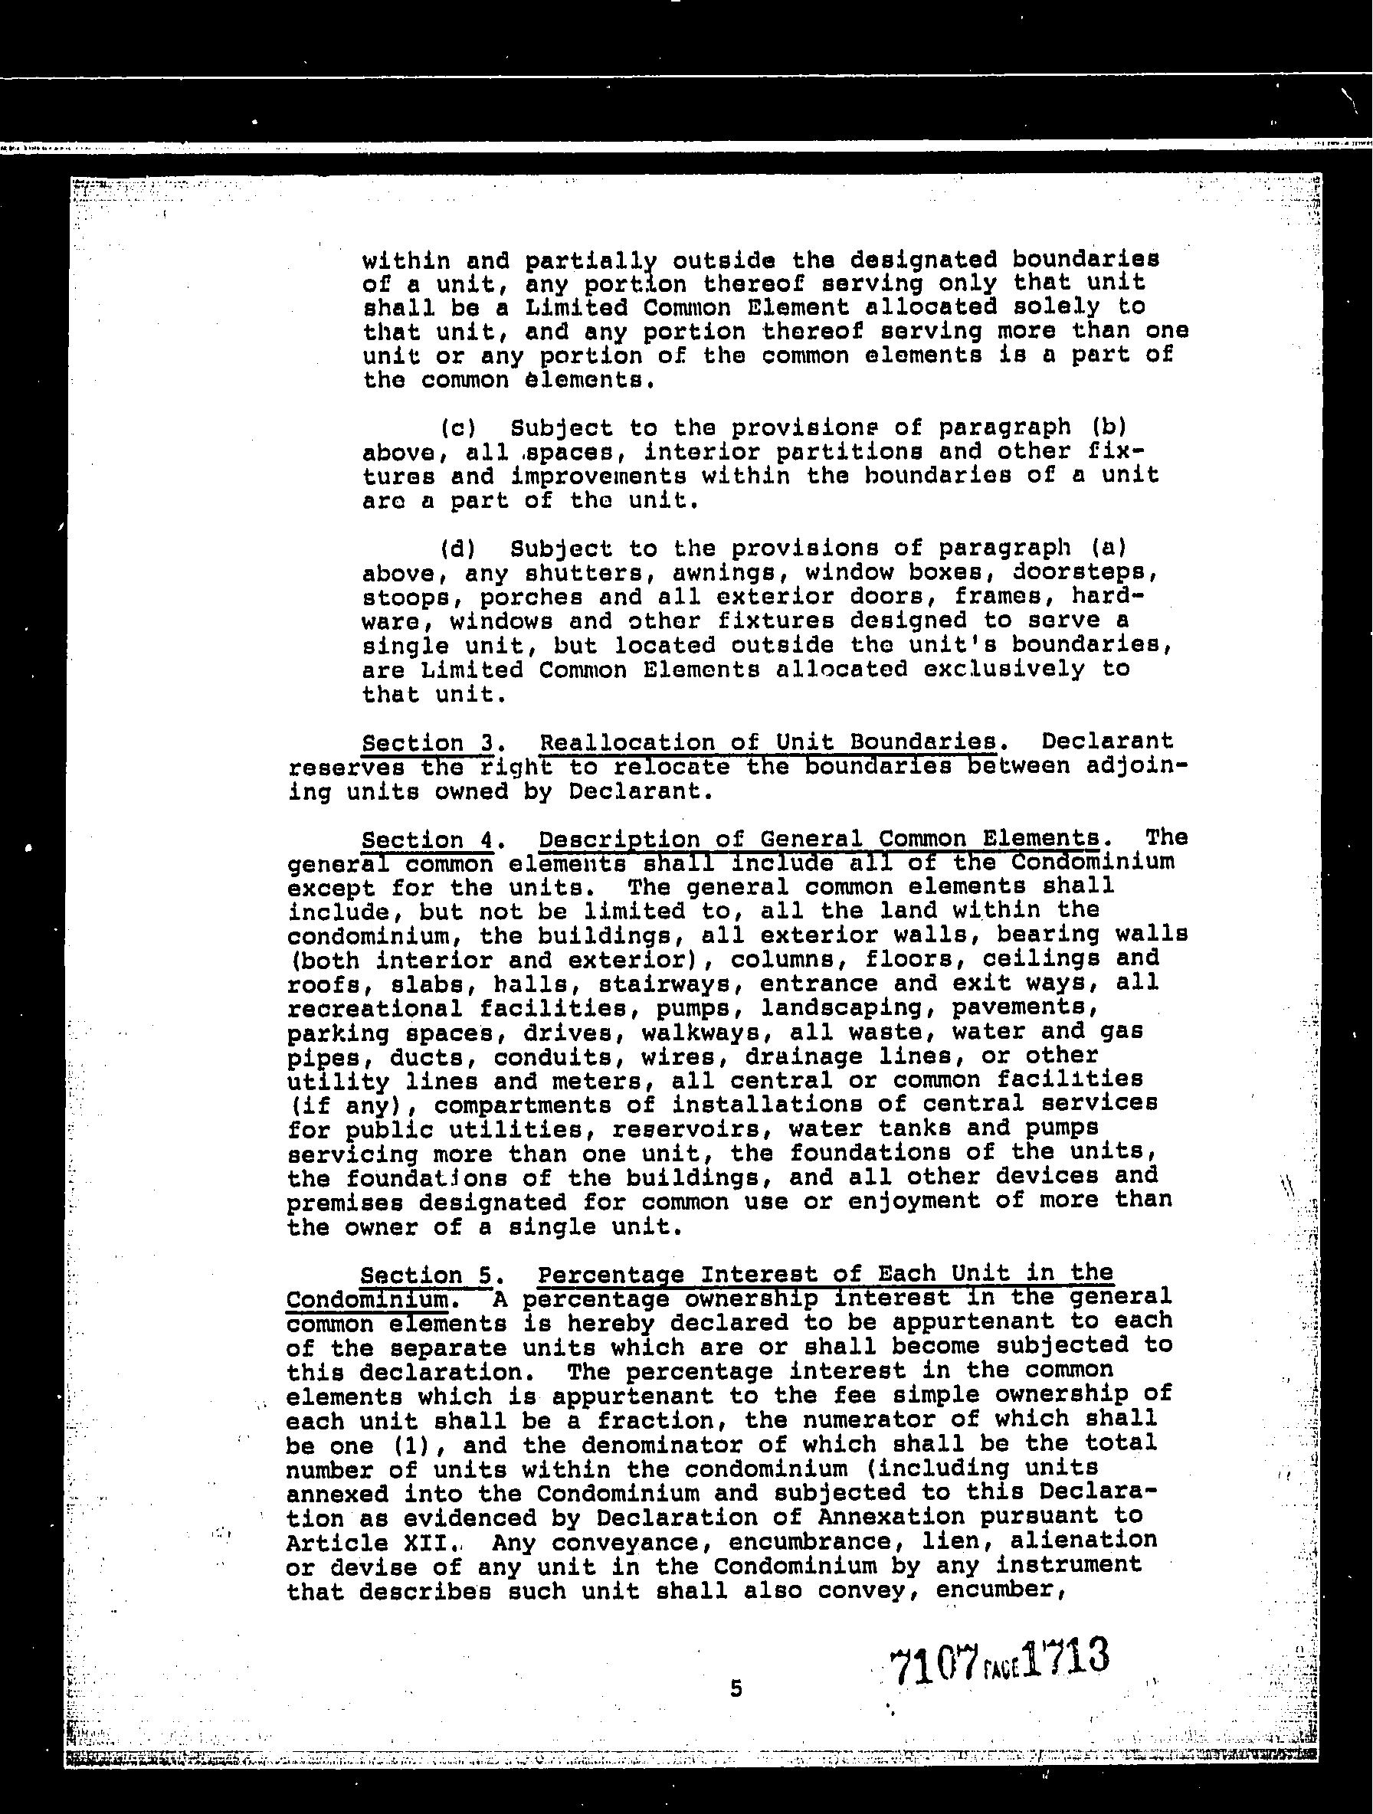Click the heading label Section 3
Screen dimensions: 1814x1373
click(x=428, y=743)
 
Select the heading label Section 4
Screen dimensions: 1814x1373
click(x=428, y=840)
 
